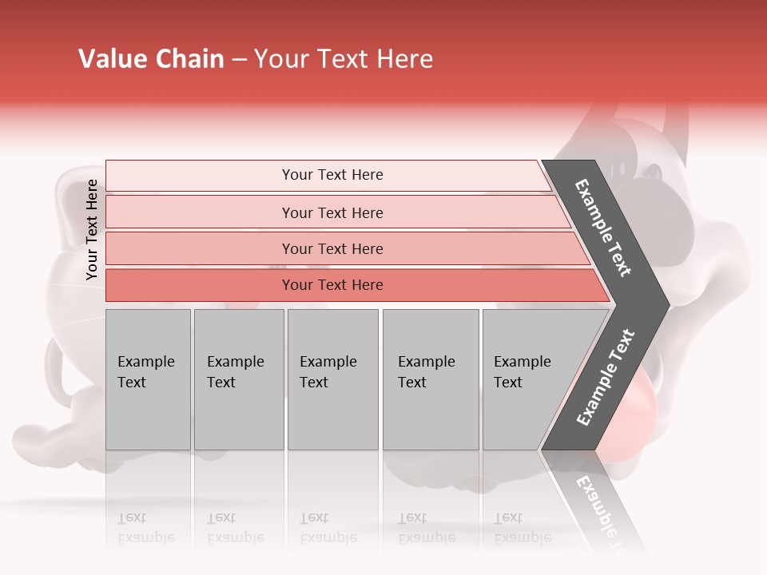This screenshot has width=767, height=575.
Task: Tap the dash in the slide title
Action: (239, 60)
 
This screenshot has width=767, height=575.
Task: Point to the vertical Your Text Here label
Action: (92, 230)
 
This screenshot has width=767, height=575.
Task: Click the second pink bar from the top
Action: (332, 212)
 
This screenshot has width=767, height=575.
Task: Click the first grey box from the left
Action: (148, 379)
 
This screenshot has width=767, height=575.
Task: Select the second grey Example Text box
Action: (239, 379)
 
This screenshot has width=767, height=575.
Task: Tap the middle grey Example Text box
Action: (332, 379)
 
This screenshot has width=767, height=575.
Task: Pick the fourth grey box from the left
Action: (431, 379)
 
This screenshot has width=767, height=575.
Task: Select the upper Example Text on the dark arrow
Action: (603, 228)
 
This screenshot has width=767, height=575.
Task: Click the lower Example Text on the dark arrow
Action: (606, 378)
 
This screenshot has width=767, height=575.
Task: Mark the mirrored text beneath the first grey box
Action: (146, 528)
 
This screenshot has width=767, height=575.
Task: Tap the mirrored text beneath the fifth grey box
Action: (523, 528)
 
